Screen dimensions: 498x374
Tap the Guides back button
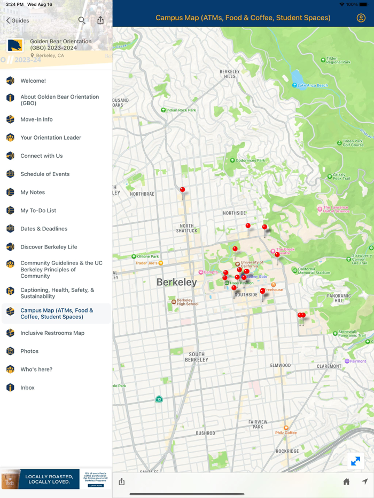(18, 20)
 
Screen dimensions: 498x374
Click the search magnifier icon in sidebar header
(82, 20)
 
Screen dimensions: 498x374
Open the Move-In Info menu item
(36, 119)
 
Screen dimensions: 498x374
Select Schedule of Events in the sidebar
(45, 174)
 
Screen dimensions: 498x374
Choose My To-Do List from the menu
(38, 211)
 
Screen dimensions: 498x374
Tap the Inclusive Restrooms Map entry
(52, 333)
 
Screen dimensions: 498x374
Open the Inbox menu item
(27, 388)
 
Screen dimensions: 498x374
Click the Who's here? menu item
(36, 370)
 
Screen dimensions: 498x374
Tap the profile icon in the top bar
(361, 18)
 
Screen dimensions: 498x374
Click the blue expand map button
(355, 461)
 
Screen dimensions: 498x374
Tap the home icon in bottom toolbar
(346, 481)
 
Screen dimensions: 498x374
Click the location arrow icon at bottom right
(365, 481)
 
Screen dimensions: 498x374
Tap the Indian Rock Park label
(181, 110)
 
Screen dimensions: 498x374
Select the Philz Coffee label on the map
(286, 432)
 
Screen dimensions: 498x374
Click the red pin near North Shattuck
(183, 190)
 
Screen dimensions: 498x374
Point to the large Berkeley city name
(177, 283)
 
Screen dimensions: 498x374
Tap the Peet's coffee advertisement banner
(56, 479)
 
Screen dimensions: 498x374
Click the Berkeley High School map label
(187, 302)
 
